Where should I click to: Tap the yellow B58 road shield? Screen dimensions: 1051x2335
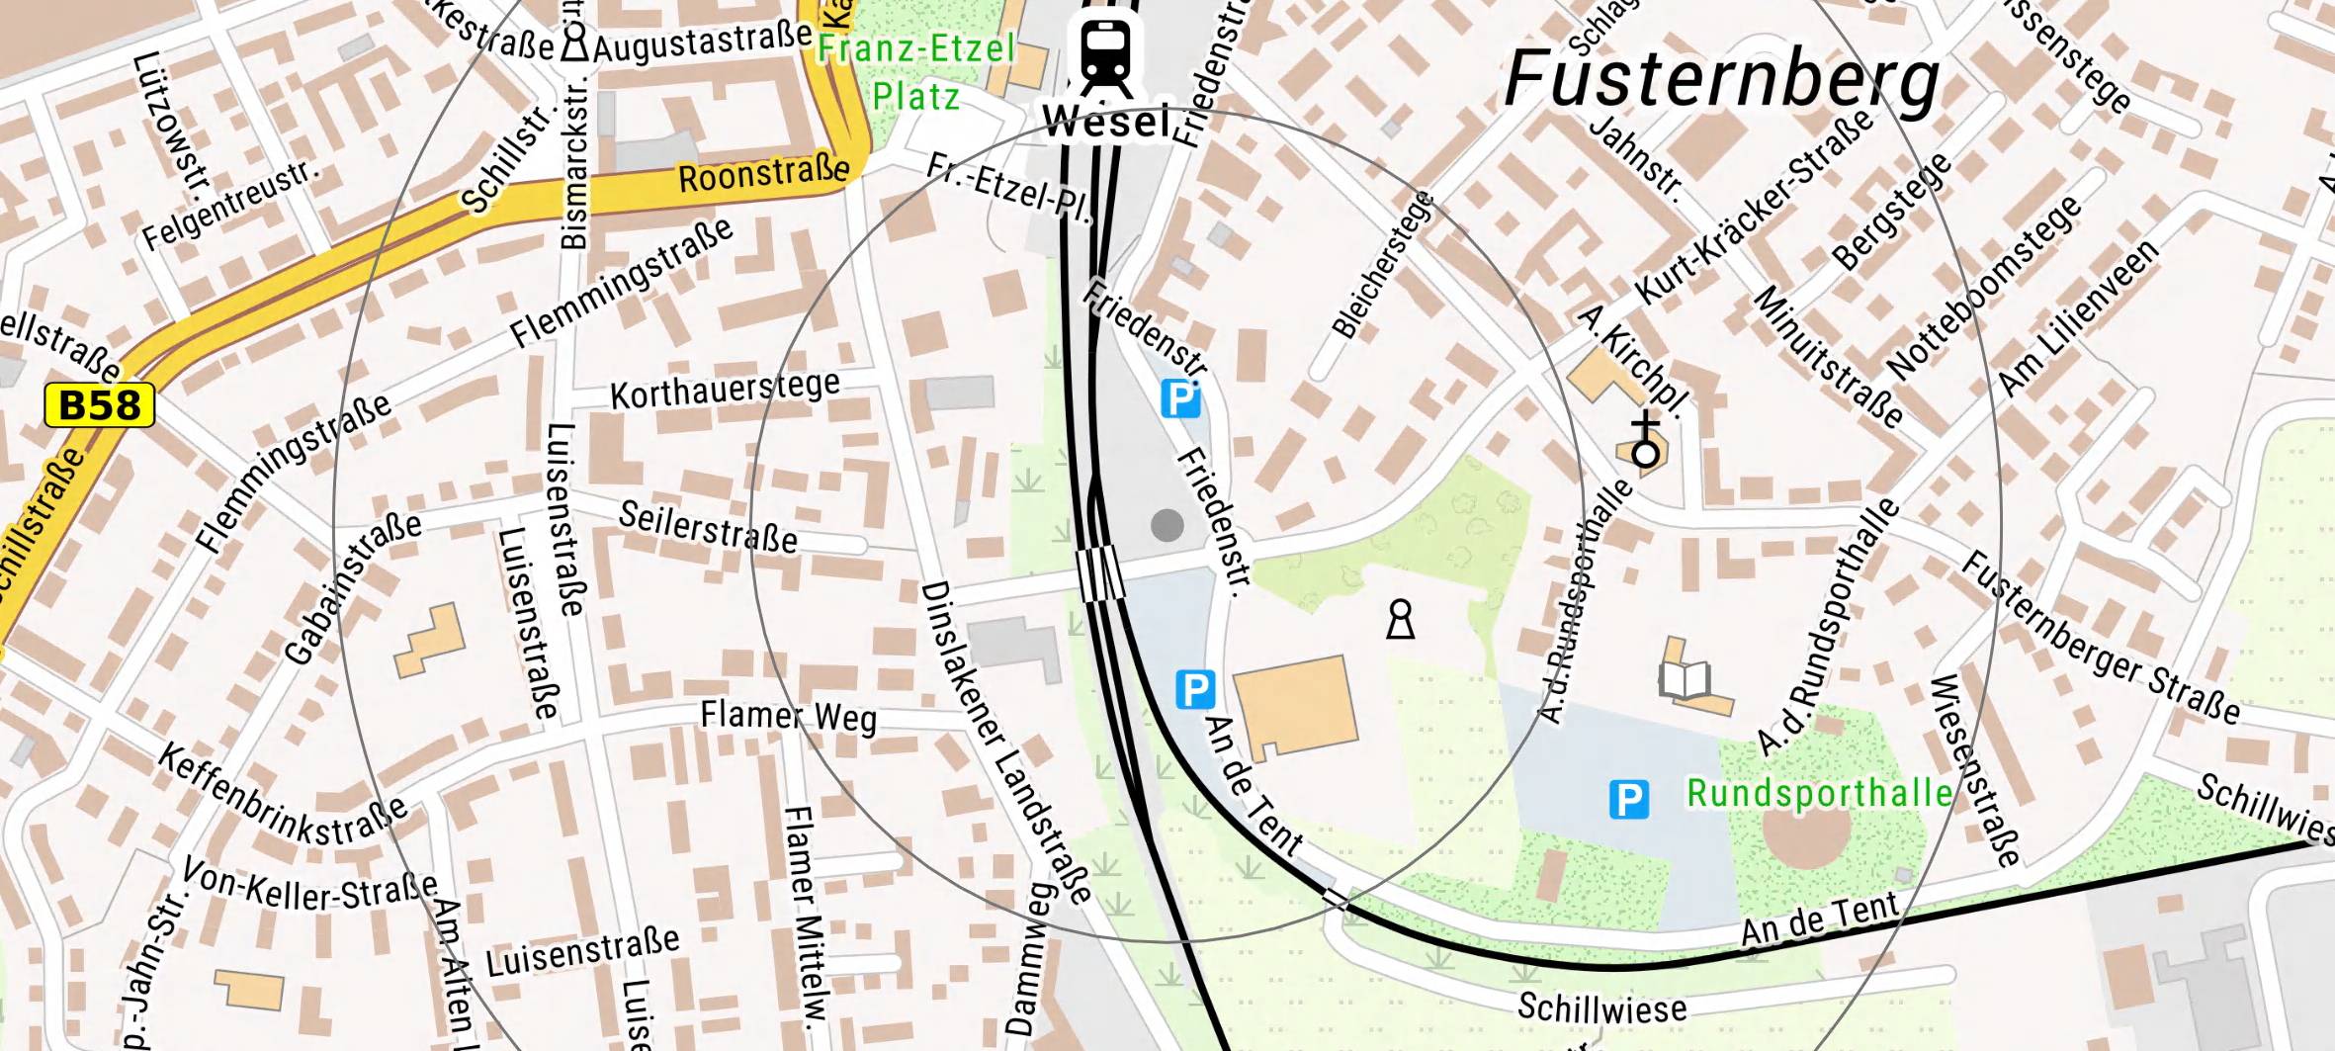point(100,405)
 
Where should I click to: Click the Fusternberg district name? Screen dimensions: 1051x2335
point(1721,79)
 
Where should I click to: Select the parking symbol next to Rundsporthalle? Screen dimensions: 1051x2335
point(1629,799)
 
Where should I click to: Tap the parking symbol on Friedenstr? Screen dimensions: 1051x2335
point(1180,399)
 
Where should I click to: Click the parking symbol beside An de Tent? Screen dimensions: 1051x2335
point(1194,689)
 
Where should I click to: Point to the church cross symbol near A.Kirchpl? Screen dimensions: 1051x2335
point(1645,441)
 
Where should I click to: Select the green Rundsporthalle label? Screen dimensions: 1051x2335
point(1819,793)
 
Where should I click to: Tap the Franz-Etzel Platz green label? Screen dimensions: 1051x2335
point(915,72)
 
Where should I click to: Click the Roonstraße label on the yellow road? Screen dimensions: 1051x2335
point(763,174)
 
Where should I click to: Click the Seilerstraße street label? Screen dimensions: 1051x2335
point(708,527)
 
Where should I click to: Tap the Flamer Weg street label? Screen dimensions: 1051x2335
point(788,717)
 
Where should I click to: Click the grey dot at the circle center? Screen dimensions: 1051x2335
point(1167,525)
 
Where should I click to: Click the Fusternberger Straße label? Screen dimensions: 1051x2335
point(2100,640)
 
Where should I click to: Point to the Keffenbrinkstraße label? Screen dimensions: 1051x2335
point(283,796)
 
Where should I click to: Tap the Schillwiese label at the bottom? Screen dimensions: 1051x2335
point(1601,1007)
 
